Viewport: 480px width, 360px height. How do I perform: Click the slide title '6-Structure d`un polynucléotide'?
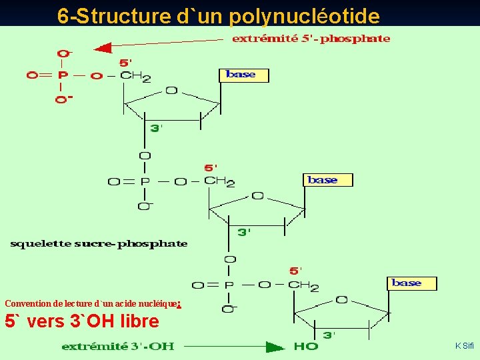point(218,15)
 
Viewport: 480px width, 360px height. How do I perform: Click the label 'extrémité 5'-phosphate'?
point(311,39)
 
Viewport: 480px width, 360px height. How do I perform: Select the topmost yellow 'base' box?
point(243,75)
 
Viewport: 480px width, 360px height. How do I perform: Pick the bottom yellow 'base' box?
point(411,283)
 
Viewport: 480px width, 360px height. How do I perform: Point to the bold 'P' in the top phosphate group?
point(62,75)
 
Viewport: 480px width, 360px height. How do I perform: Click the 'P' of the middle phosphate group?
point(145,181)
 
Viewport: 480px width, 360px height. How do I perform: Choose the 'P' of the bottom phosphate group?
point(229,285)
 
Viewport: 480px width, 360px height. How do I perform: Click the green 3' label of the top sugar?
point(156,128)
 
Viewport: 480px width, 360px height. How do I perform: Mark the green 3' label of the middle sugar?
point(245,232)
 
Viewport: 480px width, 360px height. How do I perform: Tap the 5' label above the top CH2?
point(126,63)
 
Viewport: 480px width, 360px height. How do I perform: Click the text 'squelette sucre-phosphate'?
point(99,244)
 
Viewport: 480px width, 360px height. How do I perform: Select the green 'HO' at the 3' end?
point(305,346)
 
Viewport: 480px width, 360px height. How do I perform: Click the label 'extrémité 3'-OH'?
point(118,346)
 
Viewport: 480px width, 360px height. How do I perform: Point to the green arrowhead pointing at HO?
point(275,347)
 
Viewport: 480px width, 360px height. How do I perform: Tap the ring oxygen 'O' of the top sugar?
point(171,90)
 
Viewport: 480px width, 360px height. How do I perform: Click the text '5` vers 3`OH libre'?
point(82,321)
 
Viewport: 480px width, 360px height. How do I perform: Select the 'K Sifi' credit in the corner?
point(464,345)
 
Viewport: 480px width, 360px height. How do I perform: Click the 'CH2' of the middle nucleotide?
point(219,181)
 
